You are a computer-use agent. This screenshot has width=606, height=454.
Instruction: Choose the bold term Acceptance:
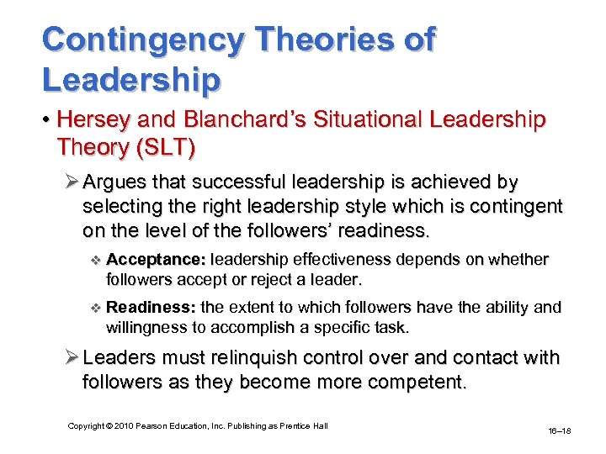click(x=157, y=260)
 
